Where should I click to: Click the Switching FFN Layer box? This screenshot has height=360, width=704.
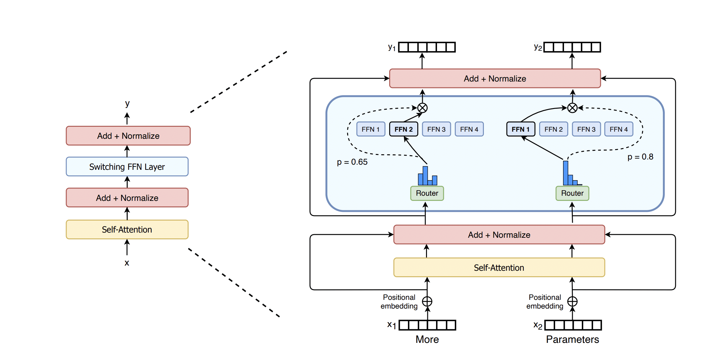pos(127,167)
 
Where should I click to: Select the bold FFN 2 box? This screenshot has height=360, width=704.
pos(403,129)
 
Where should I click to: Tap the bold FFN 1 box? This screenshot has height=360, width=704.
pos(520,129)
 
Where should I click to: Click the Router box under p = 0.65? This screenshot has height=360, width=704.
pos(427,193)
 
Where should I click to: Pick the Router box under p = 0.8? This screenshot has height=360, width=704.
pos(572,193)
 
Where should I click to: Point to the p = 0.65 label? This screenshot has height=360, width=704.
pos(352,162)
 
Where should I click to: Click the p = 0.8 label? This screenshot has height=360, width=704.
pos(640,157)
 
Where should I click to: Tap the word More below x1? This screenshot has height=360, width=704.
pos(427,339)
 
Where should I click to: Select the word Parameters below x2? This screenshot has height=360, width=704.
pos(572,339)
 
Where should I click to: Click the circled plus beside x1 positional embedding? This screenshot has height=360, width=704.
pos(427,301)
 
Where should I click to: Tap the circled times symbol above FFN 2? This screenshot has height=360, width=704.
pos(422,108)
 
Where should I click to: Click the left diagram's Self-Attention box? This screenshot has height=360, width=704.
pos(127,230)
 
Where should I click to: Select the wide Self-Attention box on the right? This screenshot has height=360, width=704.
pos(499,267)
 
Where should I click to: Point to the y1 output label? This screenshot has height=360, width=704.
pos(392,48)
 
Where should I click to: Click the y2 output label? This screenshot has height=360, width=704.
pos(538,48)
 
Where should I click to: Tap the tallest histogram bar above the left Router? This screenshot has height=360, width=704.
pos(425,176)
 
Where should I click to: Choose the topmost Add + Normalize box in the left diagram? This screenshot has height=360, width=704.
pos(128,136)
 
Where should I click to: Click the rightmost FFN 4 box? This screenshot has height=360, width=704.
pos(618,129)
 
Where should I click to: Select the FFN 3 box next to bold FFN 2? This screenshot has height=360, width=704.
pos(436,129)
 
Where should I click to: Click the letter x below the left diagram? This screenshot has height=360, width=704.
pos(127,263)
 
